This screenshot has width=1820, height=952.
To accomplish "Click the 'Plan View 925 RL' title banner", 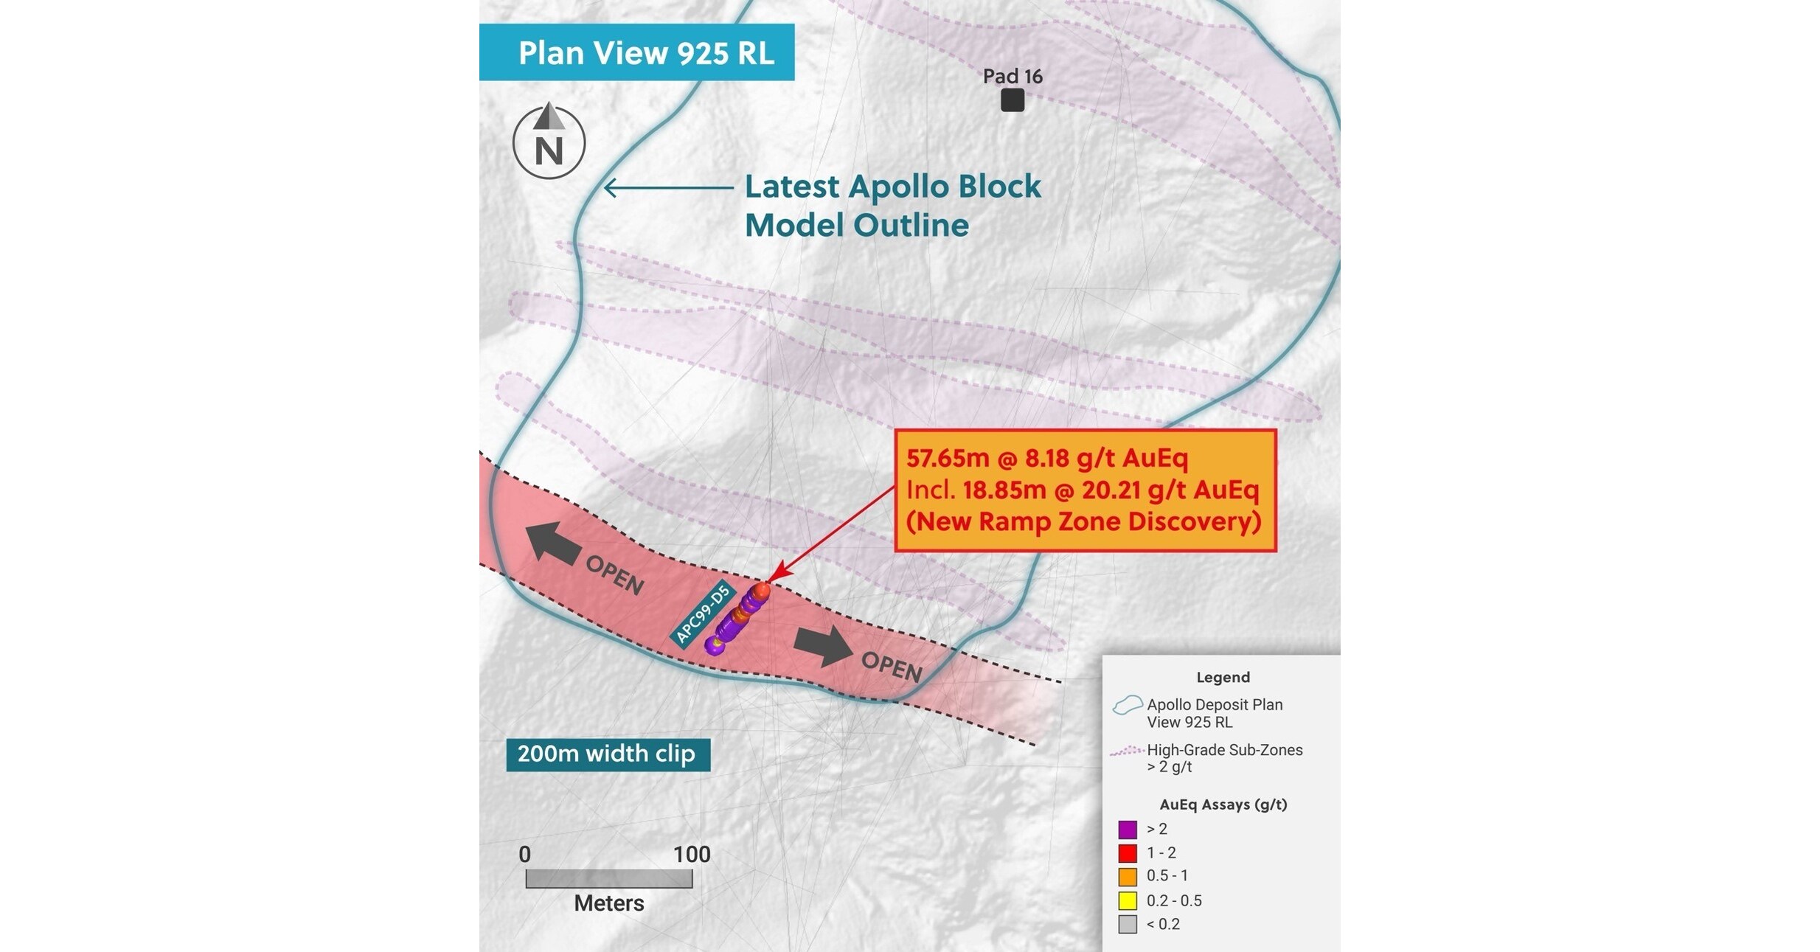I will click(x=637, y=52).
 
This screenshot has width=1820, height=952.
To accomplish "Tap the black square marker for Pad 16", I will click(x=1013, y=100).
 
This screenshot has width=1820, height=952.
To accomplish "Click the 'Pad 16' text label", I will click(x=1013, y=76).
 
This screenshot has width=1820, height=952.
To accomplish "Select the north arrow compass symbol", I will click(x=549, y=142).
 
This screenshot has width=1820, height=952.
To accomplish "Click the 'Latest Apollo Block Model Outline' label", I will click(x=892, y=206).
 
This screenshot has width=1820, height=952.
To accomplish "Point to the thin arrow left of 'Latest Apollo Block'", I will click(x=668, y=187).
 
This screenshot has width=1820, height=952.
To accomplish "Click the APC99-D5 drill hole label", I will click(x=703, y=613).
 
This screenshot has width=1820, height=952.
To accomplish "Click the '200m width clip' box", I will click(x=608, y=754).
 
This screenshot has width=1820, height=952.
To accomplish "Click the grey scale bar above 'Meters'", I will click(x=608, y=878).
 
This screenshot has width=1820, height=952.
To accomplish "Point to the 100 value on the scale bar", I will click(x=691, y=854).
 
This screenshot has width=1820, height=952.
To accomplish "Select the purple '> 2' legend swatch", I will click(x=1128, y=830).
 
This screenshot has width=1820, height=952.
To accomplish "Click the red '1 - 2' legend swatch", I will click(x=1128, y=853).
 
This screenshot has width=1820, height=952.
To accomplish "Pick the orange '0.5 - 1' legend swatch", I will click(x=1128, y=877).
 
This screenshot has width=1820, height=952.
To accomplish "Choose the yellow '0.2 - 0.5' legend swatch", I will click(x=1128, y=900).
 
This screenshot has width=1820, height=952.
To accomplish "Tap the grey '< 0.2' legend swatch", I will click(x=1128, y=924).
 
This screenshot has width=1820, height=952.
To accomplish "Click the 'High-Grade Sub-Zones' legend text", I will click(x=1224, y=750).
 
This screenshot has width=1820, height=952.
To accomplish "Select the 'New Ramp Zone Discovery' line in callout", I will click(x=1083, y=521).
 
